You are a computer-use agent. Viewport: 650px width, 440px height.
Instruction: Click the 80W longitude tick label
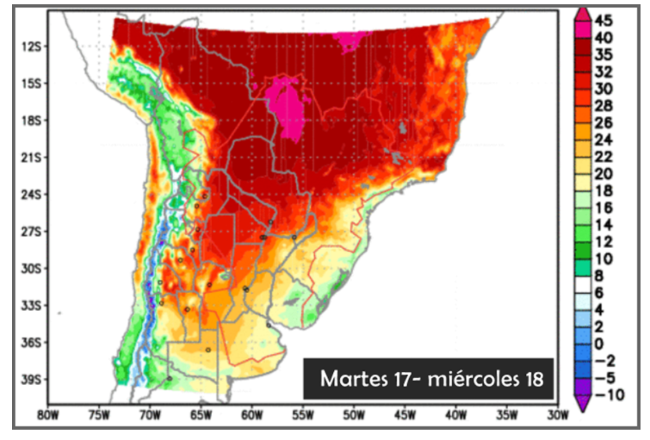tap(48, 416)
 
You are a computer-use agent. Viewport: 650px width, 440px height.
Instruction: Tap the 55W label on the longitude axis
tap(303, 416)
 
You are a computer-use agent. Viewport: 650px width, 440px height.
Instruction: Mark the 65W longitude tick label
tap(201, 416)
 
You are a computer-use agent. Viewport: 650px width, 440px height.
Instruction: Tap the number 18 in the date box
tap(534, 379)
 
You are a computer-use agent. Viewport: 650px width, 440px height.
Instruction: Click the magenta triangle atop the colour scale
tap(582, 14)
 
